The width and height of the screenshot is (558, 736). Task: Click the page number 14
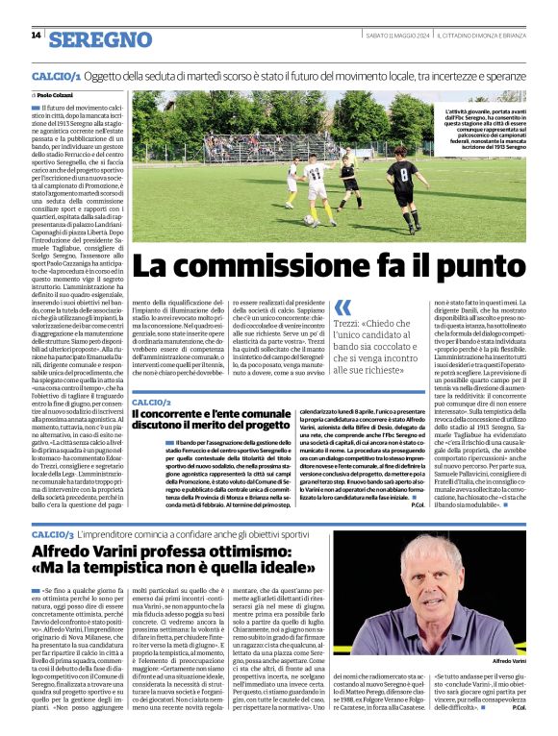coord(37,36)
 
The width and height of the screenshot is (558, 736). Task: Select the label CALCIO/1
coord(55,75)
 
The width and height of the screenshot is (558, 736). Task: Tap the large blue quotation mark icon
coord(343,307)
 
